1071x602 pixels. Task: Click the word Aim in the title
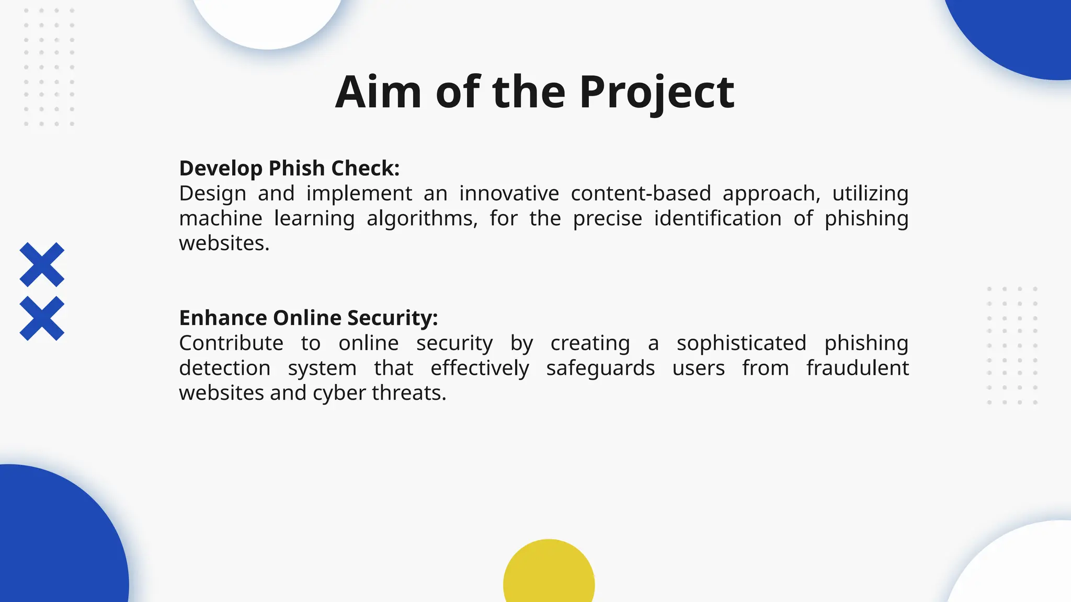pyautogui.click(x=378, y=92)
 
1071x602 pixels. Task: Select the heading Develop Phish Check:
pyautogui.click(x=289, y=168)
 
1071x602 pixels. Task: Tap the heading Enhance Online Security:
pyautogui.click(x=309, y=318)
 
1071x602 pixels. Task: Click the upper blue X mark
pyautogui.click(x=42, y=264)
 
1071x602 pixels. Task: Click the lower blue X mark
pyautogui.click(x=42, y=318)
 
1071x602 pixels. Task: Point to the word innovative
pyautogui.click(x=509, y=193)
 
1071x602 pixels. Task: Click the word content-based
pyautogui.click(x=641, y=193)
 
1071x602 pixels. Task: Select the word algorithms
pyautogui.click(x=421, y=218)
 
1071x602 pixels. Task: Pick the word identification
pyautogui.click(x=717, y=218)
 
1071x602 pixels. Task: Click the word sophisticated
pyautogui.click(x=741, y=343)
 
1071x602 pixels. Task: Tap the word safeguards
pyautogui.click(x=600, y=368)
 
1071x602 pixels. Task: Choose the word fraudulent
pyautogui.click(x=857, y=368)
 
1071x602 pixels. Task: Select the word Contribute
pyautogui.click(x=231, y=343)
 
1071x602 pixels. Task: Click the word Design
pyautogui.click(x=212, y=194)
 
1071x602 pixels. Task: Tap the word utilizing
pyautogui.click(x=870, y=193)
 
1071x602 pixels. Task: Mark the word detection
pyautogui.click(x=224, y=368)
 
